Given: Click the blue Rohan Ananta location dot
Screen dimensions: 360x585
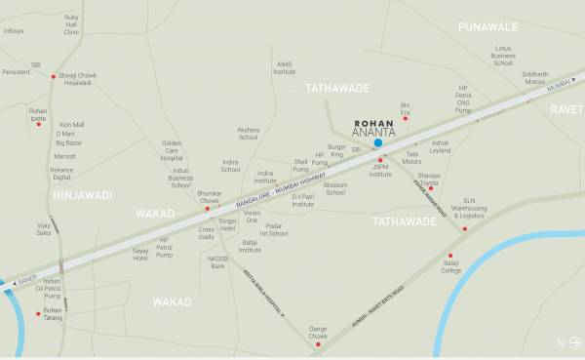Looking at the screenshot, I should tap(377, 142).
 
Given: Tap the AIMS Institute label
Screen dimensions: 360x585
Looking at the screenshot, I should tap(284, 68).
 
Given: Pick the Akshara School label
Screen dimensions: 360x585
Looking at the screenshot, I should tap(248, 135).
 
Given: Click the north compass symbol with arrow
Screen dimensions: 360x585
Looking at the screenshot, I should tap(566, 341).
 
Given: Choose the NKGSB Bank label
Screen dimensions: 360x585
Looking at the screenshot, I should tap(216, 261).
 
